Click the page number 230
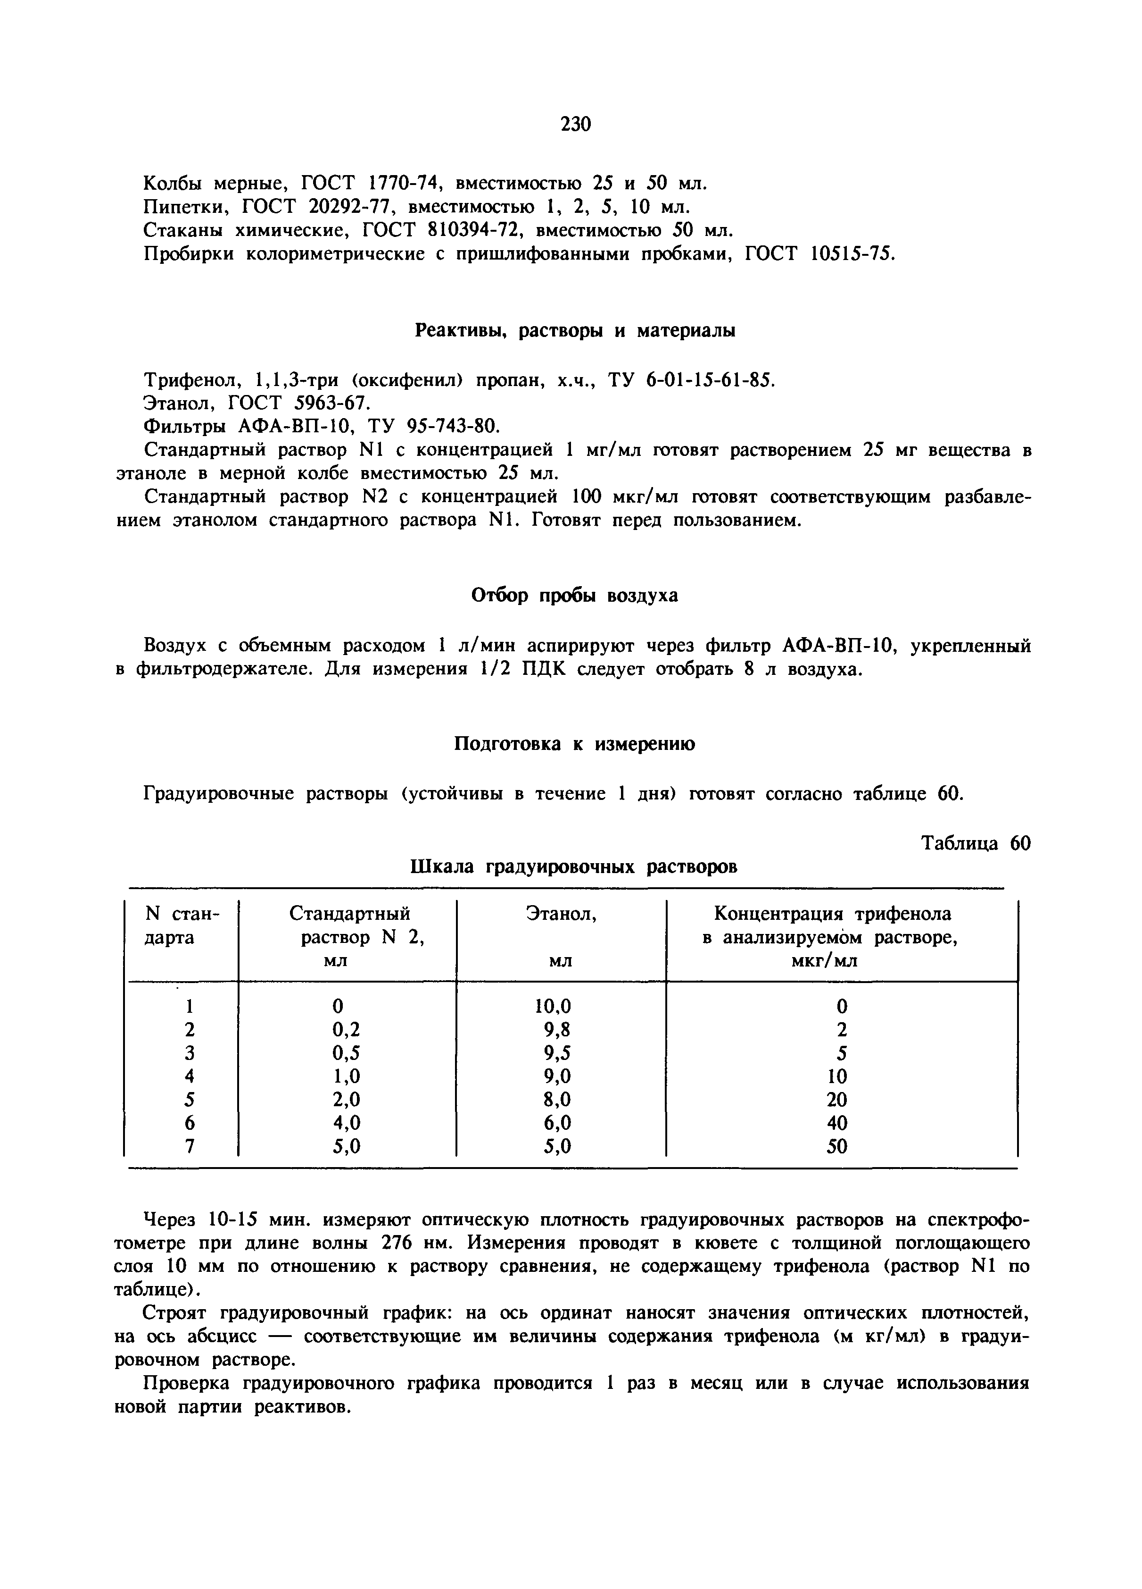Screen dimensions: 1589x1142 tap(576, 124)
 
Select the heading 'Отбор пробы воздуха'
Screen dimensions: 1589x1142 tap(574, 596)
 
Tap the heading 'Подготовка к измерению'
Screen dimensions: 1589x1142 tap(575, 743)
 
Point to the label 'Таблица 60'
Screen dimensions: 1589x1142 tap(976, 843)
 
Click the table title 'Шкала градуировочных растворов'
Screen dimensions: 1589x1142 tap(573, 867)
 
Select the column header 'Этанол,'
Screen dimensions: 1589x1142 tap(561, 914)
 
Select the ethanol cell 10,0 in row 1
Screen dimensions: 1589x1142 tap(553, 1006)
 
